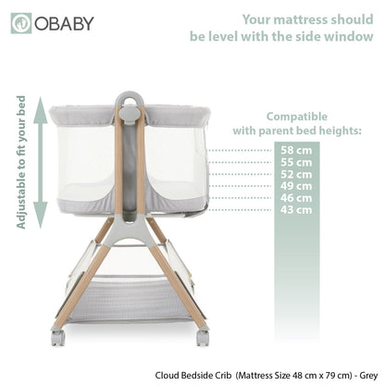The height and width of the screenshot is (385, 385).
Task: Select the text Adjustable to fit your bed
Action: point(20,162)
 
